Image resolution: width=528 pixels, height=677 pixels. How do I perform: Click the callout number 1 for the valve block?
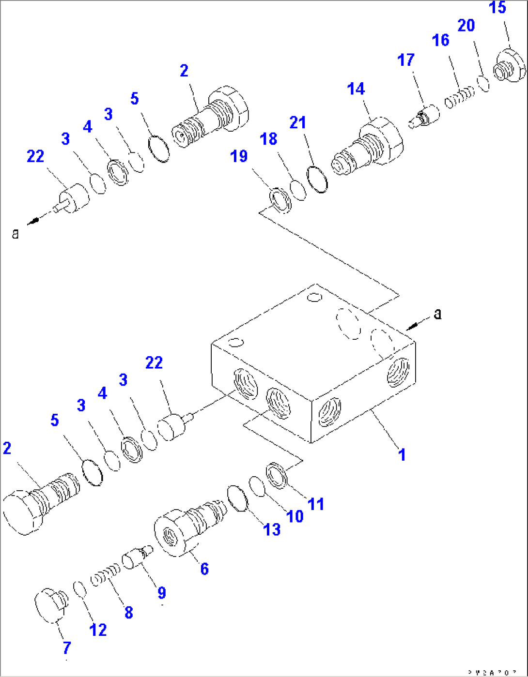point(402,454)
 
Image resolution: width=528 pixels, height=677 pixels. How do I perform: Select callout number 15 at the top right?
point(498,8)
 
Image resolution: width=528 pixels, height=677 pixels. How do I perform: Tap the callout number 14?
point(356,89)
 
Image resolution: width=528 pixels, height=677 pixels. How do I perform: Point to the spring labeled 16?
point(459,97)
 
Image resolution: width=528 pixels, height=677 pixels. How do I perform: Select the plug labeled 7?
point(51,605)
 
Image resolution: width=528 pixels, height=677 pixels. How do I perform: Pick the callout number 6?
point(204,569)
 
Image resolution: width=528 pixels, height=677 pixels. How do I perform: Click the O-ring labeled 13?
point(237,498)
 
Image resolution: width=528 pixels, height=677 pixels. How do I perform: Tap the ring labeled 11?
point(277,474)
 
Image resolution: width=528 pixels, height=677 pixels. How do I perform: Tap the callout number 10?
point(295,516)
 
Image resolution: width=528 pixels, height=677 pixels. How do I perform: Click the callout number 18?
point(269,139)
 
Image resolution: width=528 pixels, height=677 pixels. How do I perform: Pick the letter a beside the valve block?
point(437,315)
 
